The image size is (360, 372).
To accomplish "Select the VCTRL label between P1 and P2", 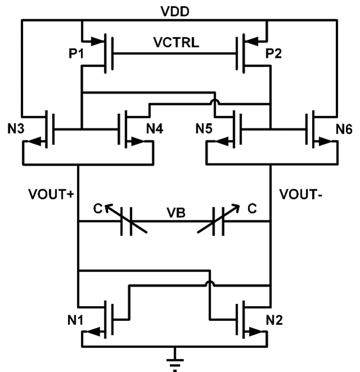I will [175, 43].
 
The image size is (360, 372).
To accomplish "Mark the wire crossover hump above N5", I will [215, 101].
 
